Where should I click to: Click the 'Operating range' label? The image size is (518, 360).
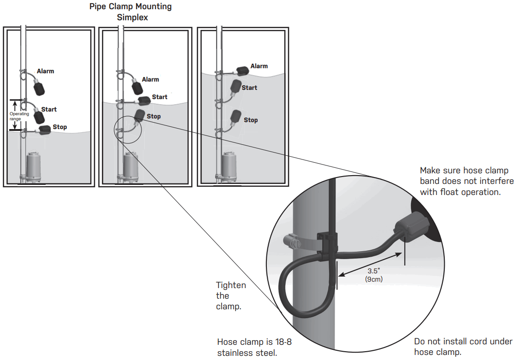[x=19, y=116]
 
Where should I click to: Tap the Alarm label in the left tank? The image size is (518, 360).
[x=46, y=71]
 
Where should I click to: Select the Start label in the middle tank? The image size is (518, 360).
[x=159, y=97]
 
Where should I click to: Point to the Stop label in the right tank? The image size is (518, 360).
[x=251, y=120]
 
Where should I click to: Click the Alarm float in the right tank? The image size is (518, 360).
[x=243, y=70]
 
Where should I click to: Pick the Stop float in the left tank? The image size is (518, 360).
[x=45, y=130]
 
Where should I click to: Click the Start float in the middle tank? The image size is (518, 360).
[x=144, y=100]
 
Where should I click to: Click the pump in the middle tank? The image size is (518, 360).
[x=131, y=167]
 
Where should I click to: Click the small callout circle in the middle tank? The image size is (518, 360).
[x=127, y=130]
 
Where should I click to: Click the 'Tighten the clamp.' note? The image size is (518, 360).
[x=231, y=295]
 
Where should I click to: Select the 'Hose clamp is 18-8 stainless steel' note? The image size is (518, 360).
[x=254, y=348]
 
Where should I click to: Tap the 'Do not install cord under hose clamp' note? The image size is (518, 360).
[x=463, y=347]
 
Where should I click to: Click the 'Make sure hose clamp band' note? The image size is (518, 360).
[x=466, y=181]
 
